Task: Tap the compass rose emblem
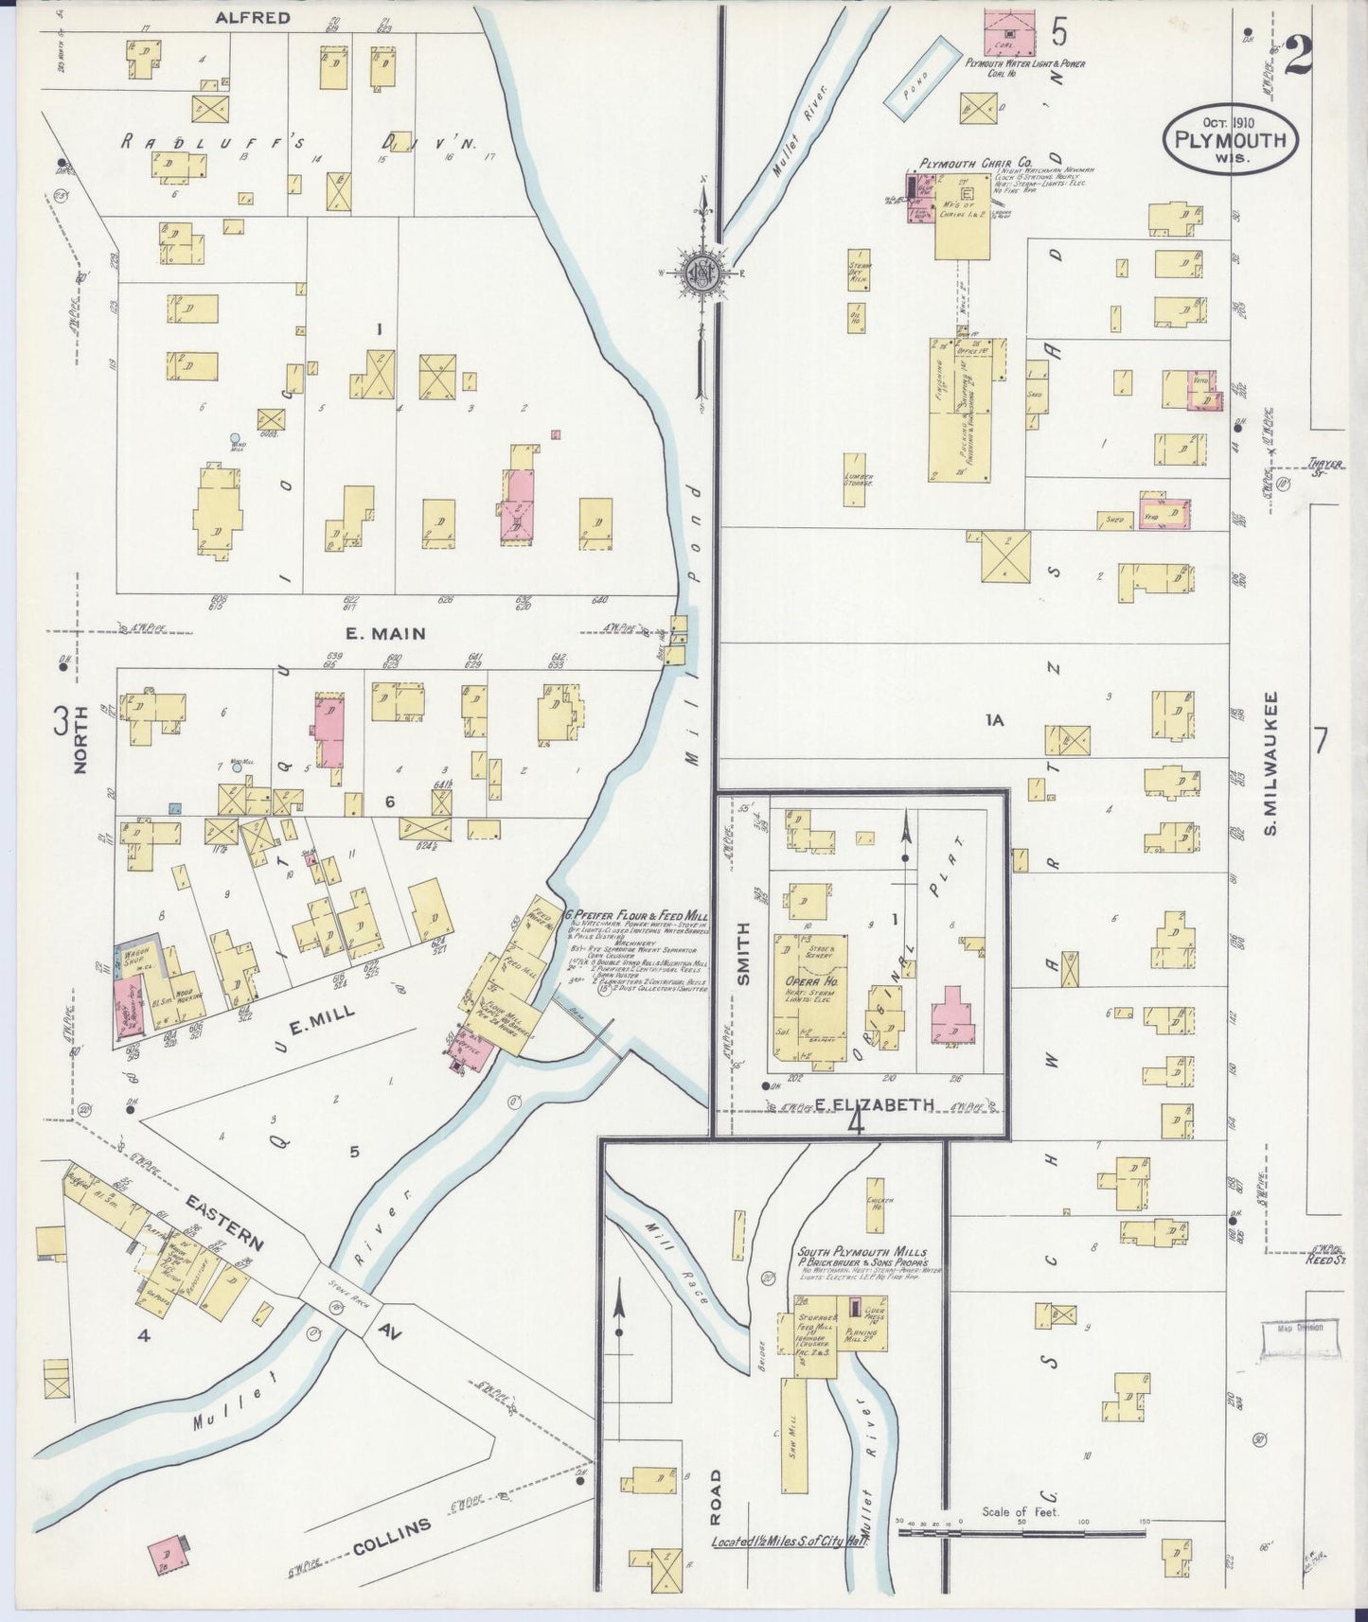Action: (x=702, y=272)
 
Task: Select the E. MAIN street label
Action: (x=384, y=634)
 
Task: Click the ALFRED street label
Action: (x=252, y=17)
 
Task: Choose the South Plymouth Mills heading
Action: (x=862, y=1252)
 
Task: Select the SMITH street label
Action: (x=743, y=953)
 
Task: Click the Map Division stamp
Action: (x=1300, y=1328)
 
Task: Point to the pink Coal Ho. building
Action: (x=1009, y=32)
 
